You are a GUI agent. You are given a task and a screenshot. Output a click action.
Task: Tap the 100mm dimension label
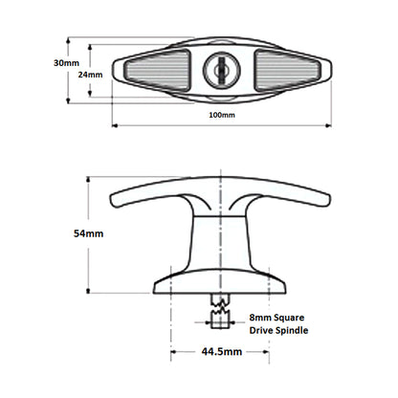point(221,115)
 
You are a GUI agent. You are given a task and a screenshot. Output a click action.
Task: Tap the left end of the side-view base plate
point(154,283)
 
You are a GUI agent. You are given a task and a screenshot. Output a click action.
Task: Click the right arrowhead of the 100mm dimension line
point(328,124)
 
